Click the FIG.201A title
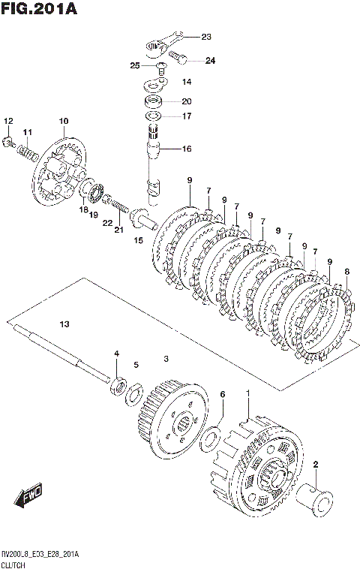(39, 8)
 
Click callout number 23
(206, 37)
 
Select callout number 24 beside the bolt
(210, 61)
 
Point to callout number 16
(187, 149)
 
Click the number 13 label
(64, 324)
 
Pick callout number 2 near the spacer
(316, 465)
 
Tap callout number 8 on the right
(347, 272)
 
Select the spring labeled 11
(28, 152)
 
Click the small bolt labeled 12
(8, 142)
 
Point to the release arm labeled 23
(163, 44)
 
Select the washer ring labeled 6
(209, 438)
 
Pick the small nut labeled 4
(118, 386)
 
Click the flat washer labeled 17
(154, 116)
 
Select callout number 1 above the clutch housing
(247, 393)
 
